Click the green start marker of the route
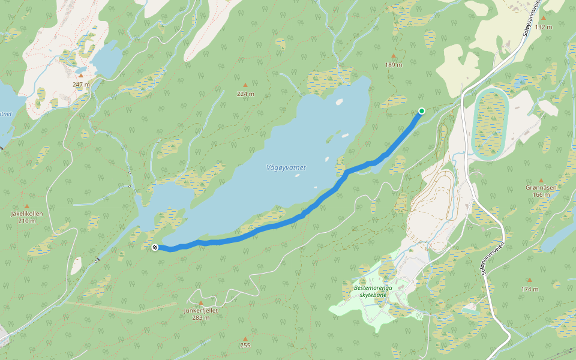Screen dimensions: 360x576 click(422, 110)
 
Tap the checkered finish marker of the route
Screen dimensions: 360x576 click(155, 247)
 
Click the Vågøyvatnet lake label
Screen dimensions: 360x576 click(286, 168)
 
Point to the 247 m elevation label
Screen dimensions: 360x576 click(81, 85)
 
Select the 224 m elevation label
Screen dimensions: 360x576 click(245, 94)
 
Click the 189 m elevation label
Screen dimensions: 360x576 click(394, 65)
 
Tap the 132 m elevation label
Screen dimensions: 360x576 click(543, 27)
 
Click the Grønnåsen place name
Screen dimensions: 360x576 click(541, 188)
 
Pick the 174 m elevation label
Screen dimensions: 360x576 click(530, 289)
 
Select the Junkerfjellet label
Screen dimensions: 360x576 click(200, 310)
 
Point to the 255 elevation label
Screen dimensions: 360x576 click(245, 346)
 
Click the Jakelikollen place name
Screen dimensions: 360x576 click(27, 214)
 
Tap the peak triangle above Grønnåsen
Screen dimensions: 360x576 click(541, 180)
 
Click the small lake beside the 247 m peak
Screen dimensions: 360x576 click(107, 60)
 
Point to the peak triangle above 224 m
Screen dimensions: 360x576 click(245, 85)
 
